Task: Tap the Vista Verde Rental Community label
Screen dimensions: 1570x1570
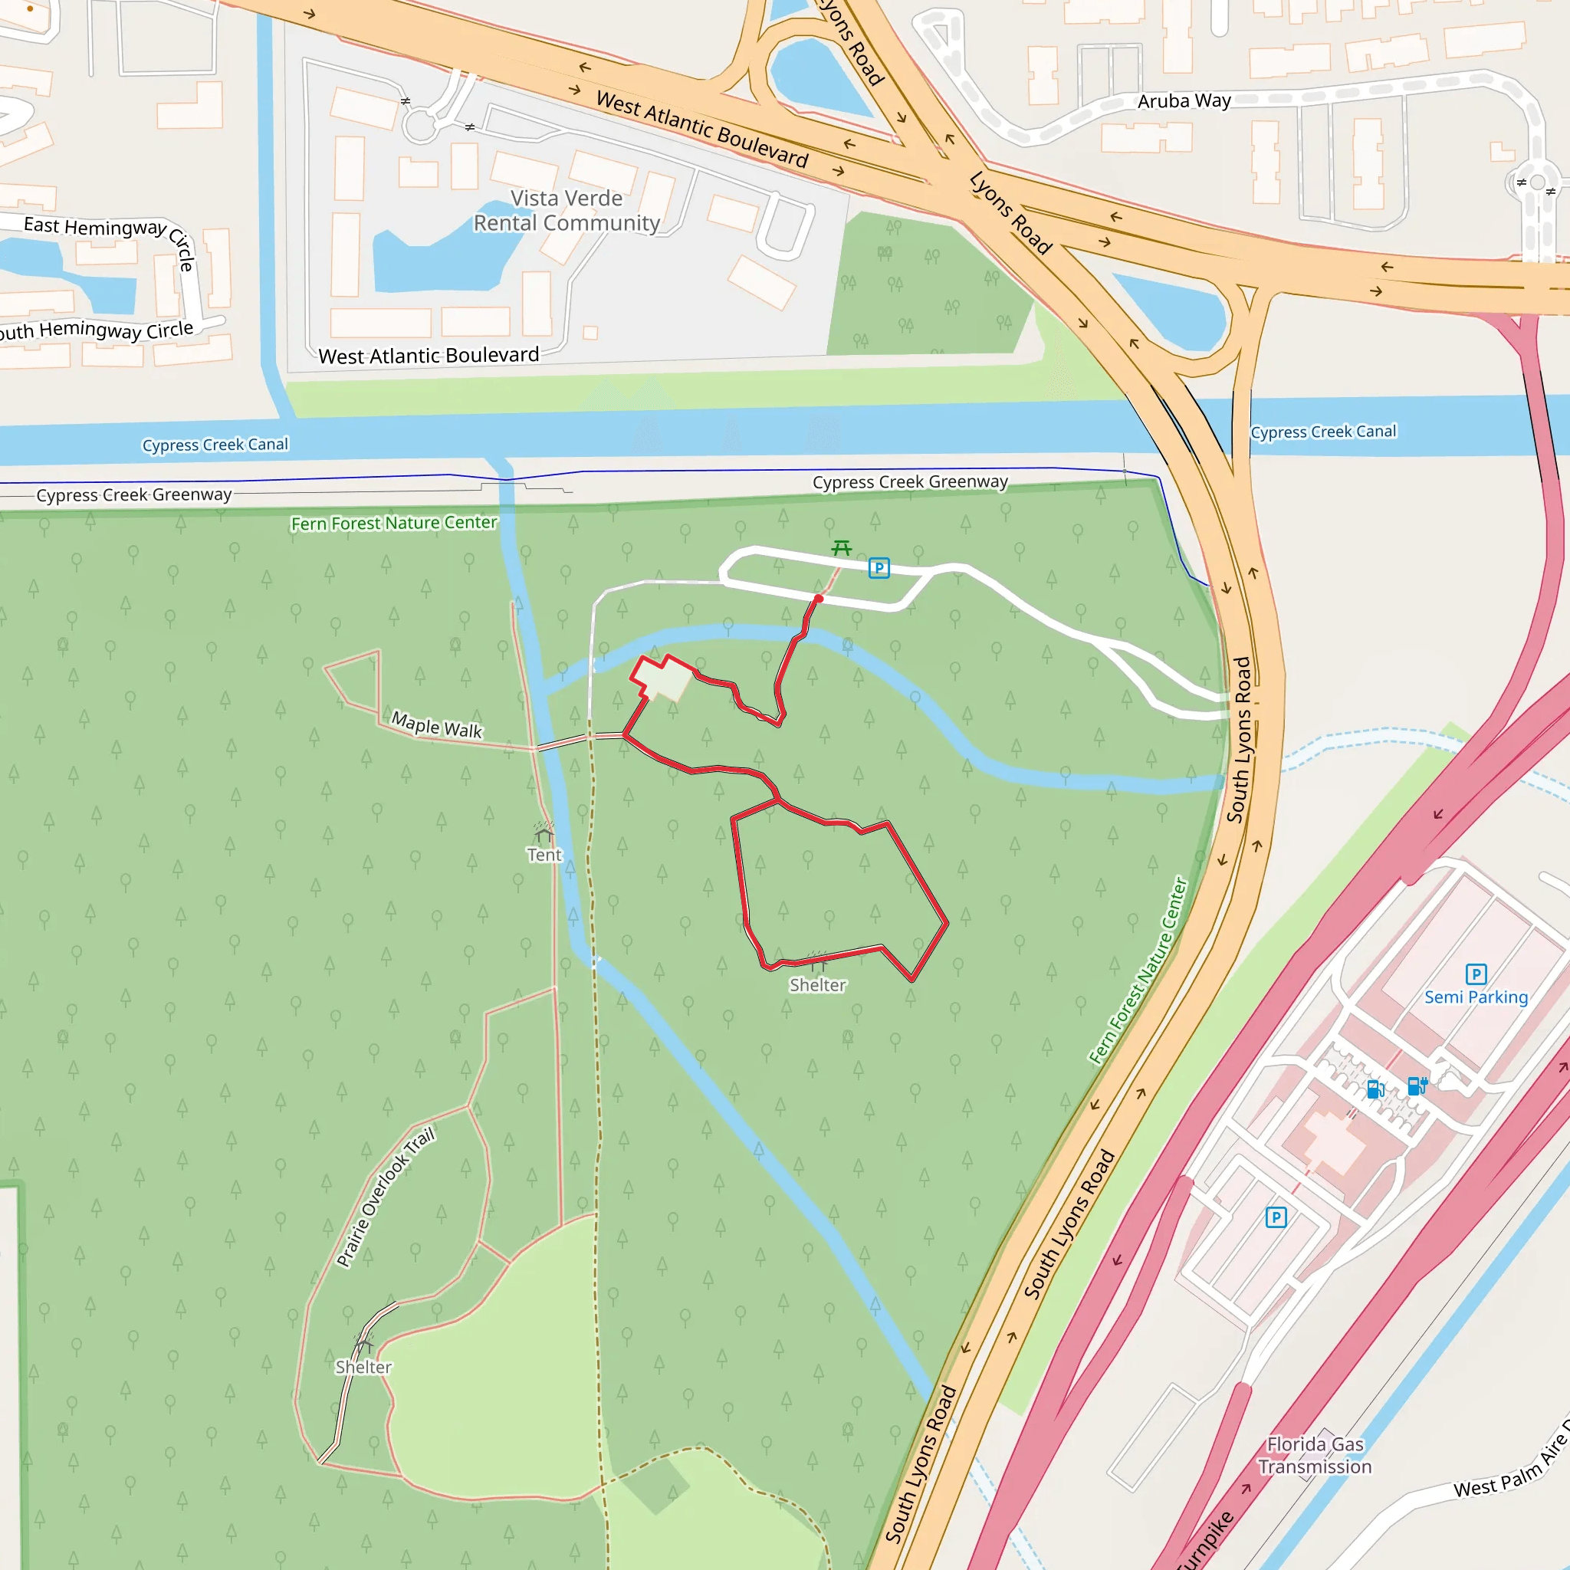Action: tap(567, 211)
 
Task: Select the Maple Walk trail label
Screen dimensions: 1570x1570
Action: tap(436, 724)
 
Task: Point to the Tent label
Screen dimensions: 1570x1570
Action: tap(544, 855)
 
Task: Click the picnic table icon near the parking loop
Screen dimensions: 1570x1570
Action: tap(841, 549)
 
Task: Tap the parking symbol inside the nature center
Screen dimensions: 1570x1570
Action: tap(879, 568)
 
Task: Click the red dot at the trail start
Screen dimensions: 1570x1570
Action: tap(818, 599)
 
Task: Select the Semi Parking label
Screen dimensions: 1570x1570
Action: tap(1476, 997)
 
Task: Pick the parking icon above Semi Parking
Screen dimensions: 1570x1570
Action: tap(1476, 974)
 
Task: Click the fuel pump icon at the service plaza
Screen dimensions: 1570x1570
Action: tap(1375, 1089)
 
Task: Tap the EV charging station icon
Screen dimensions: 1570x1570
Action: tap(1417, 1086)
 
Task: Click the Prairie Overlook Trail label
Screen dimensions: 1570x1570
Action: tap(386, 1196)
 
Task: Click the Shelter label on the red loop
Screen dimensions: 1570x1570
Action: tap(817, 985)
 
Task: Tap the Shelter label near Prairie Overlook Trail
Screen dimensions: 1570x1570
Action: tap(363, 1367)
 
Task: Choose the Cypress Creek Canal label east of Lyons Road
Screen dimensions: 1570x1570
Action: tap(1323, 432)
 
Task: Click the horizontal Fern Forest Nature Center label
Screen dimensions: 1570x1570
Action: tap(393, 523)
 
